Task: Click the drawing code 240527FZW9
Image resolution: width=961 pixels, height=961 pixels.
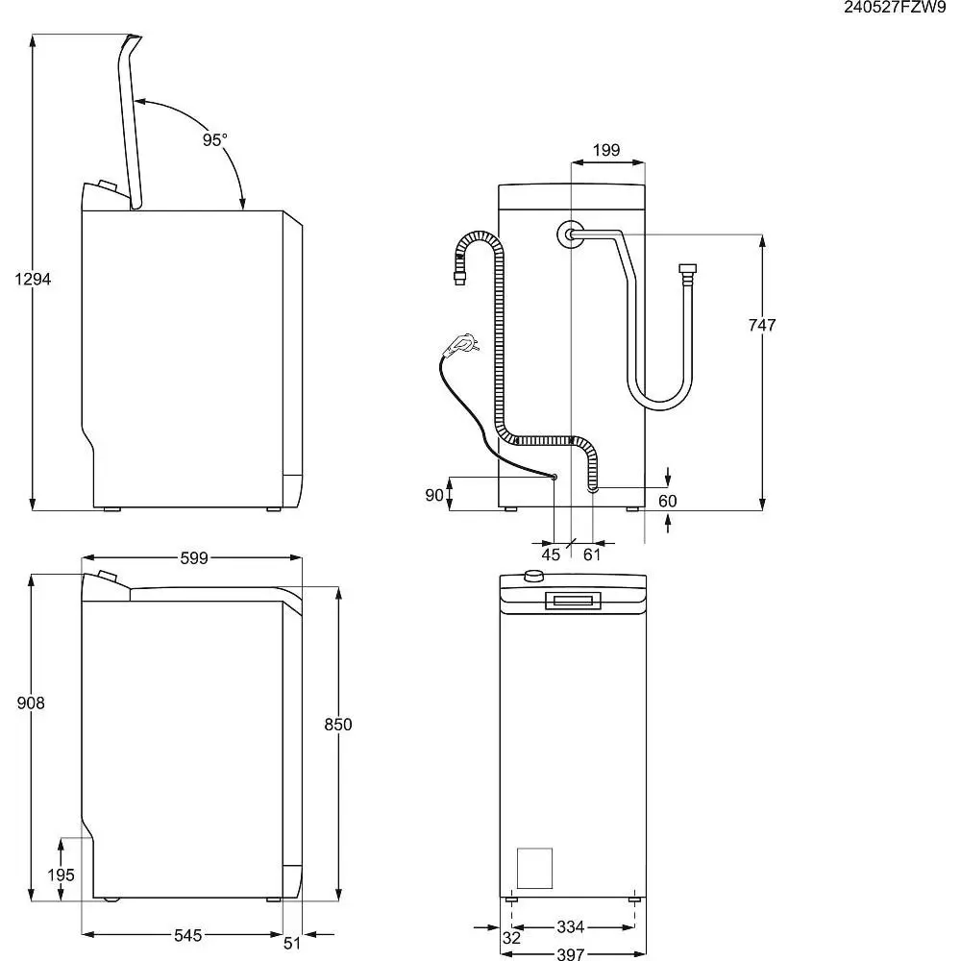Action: pos(894,9)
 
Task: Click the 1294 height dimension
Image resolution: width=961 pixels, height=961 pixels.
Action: pos(33,280)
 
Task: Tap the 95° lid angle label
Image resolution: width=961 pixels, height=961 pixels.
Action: pos(215,139)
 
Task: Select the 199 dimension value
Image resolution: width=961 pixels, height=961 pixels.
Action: pos(605,150)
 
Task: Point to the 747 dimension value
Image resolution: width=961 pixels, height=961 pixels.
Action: pos(761,326)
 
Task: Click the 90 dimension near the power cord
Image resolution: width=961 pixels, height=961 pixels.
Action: pos(434,495)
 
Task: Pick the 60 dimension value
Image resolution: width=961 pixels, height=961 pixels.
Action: pos(667,501)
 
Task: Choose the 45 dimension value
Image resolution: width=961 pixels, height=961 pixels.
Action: pos(551,554)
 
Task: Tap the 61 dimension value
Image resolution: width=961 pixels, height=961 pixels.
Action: pos(592,554)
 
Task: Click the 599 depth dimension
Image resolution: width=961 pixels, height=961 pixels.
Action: pos(194,558)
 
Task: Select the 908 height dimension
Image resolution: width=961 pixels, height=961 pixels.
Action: pos(31,703)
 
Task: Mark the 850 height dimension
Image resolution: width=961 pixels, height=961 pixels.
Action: pos(338,725)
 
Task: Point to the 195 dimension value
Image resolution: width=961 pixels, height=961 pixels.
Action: pos(61,875)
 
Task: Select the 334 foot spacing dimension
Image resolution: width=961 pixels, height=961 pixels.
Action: pos(571,927)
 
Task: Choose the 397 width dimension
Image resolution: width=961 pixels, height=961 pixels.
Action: pos(571,952)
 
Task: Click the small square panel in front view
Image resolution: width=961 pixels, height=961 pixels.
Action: pos(534,869)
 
